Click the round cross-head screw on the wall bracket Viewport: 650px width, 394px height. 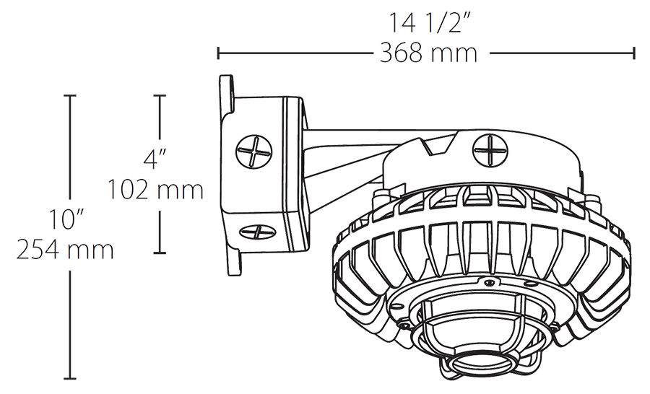point(254,153)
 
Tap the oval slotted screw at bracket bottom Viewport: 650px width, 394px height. point(255,234)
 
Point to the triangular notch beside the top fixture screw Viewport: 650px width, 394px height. point(438,147)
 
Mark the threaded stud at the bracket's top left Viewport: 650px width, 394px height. point(226,97)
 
